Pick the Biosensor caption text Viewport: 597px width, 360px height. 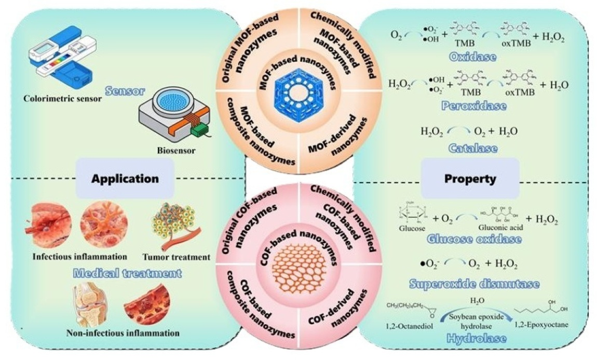click(x=166, y=152)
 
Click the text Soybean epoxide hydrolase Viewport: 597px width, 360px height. click(x=471, y=318)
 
